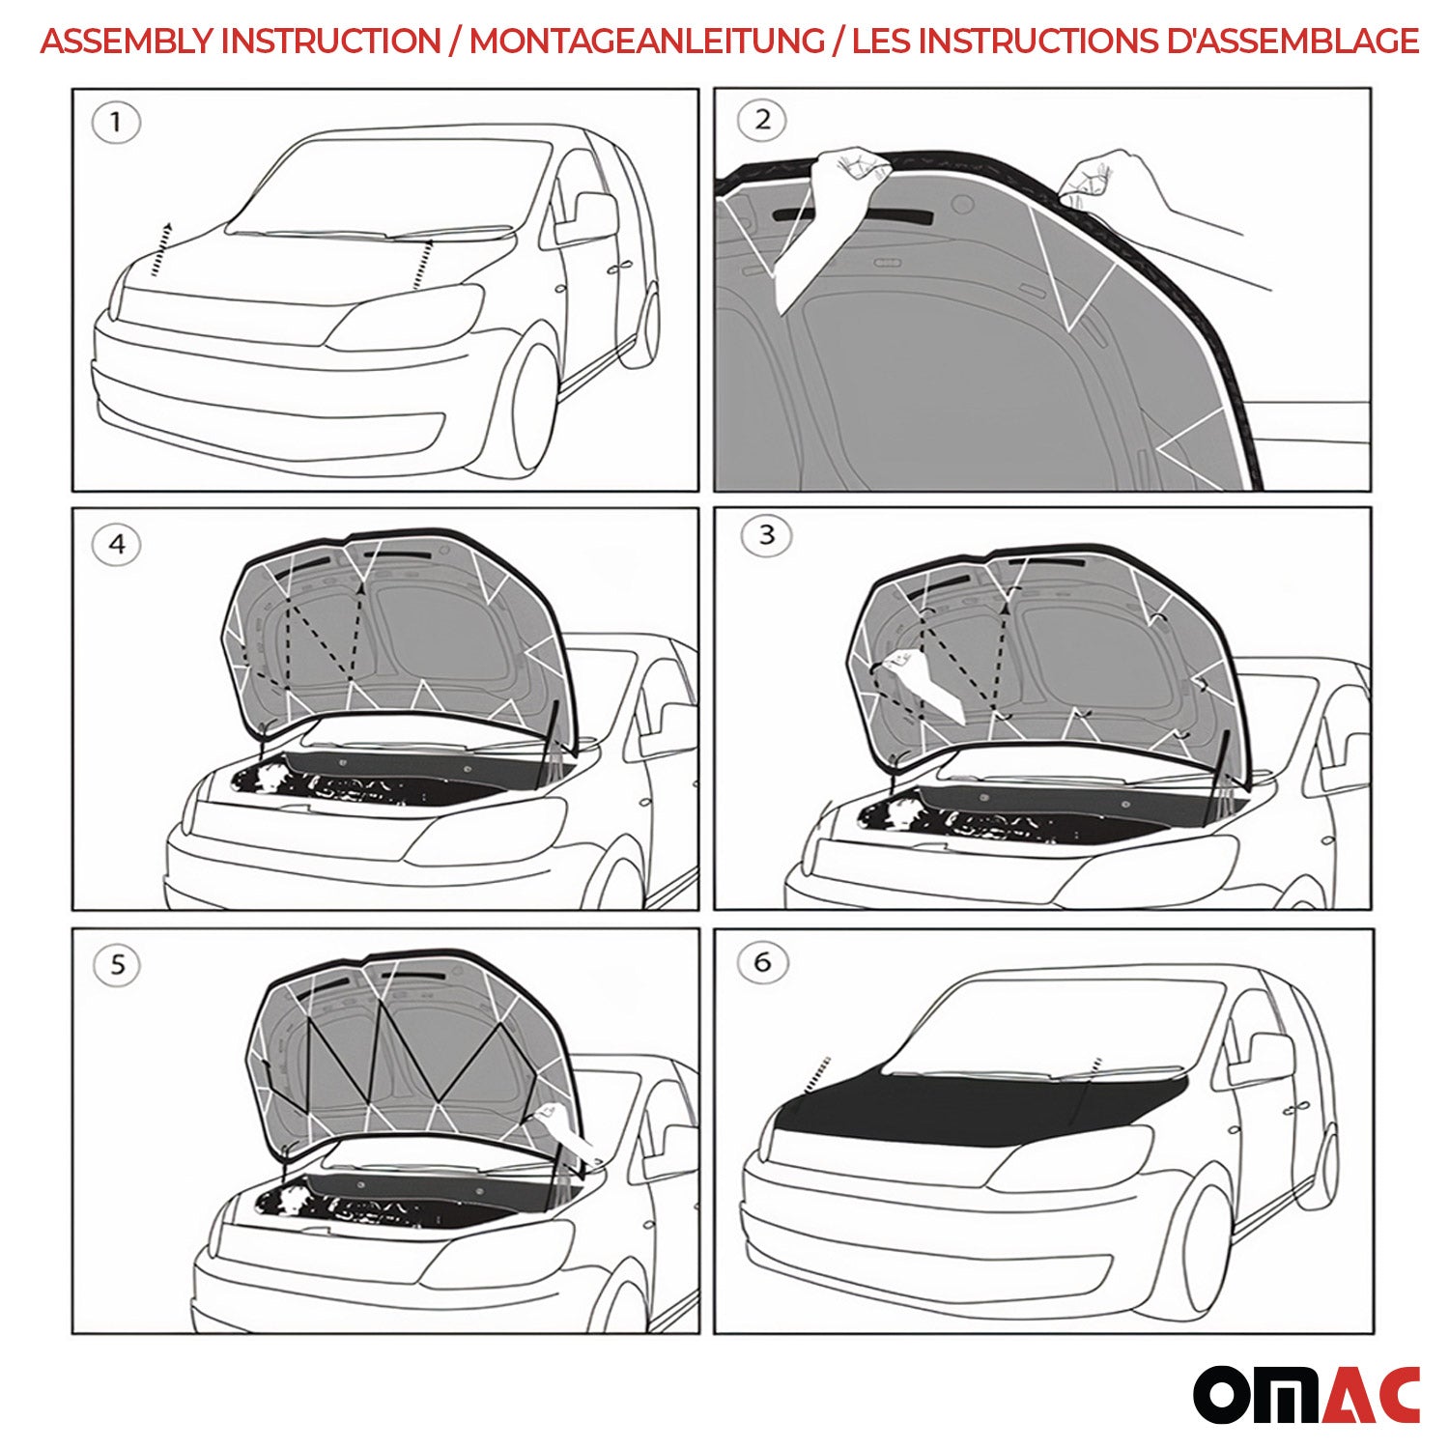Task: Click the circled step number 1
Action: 116,124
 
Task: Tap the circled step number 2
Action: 761,121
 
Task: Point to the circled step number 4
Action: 116,545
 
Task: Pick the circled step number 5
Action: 117,965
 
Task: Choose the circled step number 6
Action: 762,962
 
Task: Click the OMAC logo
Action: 1306,1394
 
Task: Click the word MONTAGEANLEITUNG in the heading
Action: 647,42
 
